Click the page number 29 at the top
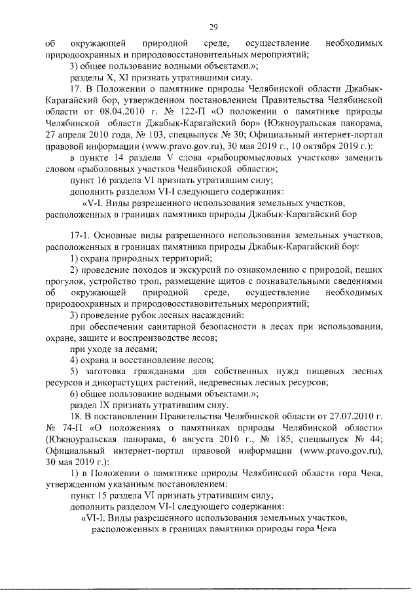pyautogui.click(x=213, y=26)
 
